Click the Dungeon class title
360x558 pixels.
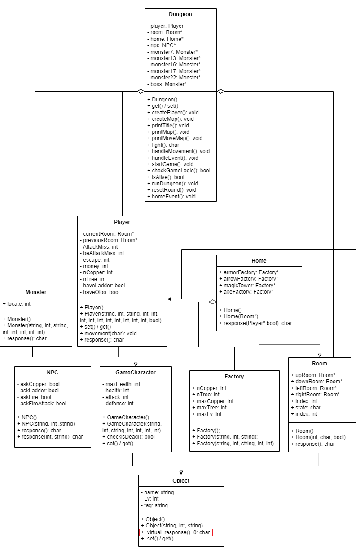180,14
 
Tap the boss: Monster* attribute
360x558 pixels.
167,84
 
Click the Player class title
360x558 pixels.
122,222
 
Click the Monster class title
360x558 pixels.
36,292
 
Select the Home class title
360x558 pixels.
259,261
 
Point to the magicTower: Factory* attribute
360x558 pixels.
247,285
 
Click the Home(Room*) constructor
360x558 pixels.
237,316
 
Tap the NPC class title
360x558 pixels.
53,373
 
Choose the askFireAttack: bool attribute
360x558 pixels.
42,404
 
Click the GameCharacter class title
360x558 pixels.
136,373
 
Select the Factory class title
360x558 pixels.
234,377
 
